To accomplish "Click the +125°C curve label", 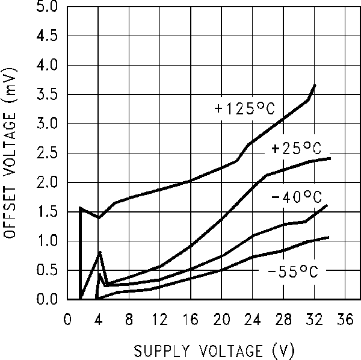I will [244, 109].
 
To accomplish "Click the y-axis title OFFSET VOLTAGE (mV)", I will [11, 152].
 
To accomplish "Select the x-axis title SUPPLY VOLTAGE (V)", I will [205, 350].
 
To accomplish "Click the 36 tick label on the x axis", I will [345, 320].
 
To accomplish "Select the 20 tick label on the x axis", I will [221, 320].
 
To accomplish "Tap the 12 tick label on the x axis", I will [159, 320].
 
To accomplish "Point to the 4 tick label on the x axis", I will [99, 320].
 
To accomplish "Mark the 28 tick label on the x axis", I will [283, 320].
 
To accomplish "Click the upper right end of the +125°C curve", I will [315, 85].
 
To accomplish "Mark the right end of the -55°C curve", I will [329, 237].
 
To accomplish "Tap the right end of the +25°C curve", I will [330, 158].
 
